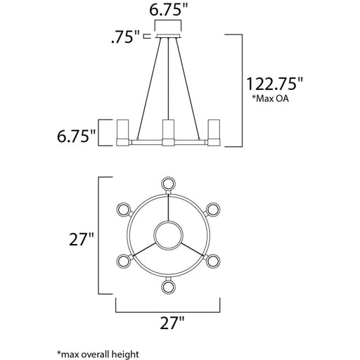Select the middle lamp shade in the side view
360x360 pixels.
click(x=167, y=131)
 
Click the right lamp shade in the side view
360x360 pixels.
click(x=216, y=131)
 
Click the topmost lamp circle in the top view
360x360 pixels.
click(x=167, y=184)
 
